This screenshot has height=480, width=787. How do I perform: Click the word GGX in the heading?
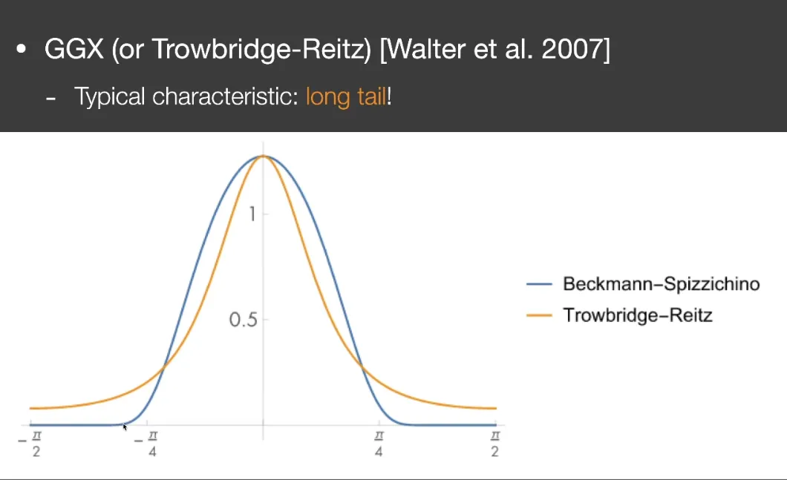[x=74, y=49]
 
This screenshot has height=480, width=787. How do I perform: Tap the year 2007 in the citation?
[x=571, y=49]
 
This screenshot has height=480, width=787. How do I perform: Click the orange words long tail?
[x=346, y=96]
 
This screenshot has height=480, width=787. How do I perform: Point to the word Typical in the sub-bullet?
[x=110, y=96]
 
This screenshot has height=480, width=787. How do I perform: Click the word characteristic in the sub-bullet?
[x=224, y=96]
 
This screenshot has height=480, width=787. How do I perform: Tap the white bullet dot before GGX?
[x=21, y=49]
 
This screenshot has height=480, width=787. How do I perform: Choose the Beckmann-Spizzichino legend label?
[x=661, y=284]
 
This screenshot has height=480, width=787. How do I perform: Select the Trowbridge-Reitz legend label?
[x=638, y=315]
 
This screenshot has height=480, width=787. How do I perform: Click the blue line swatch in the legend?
[x=539, y=284]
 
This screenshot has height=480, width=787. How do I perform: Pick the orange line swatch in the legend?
[x=539, y=315]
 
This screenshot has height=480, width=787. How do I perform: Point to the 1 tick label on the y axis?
[x=252, y=214]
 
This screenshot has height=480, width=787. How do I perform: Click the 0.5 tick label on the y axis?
[x=243, y=320]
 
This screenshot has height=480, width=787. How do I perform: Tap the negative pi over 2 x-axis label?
[x=30, y=444]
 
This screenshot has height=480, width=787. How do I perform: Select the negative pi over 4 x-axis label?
[x=146, y=444]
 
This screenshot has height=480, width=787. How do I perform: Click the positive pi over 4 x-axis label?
[x=379, y=444]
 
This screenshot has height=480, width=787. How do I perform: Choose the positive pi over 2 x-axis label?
[x=495, y=444]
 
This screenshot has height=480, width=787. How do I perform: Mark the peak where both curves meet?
[x=263, y=156]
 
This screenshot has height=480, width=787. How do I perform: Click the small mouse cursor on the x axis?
[x=125, y=427]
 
